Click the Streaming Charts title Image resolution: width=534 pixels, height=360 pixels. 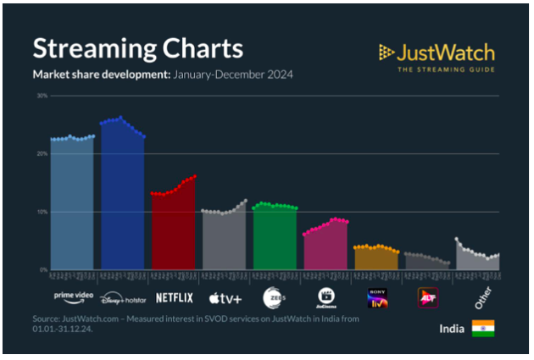[x=137, y=47]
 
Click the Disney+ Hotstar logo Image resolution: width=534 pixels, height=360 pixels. [x=123, y=298]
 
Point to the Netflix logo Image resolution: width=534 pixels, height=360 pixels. [x=175, y=297]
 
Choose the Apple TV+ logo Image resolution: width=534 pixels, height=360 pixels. [x=225, y=297]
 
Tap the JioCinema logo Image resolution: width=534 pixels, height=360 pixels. [x=326, y=296]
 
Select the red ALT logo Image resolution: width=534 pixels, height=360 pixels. [x=427, y=297]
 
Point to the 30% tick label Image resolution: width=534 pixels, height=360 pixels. [x=41, y=96]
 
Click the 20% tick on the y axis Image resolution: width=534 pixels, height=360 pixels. [x=41, y=153]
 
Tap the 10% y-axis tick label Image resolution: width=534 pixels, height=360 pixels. [x=41, y=211]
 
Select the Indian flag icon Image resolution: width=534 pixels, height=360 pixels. [x=483, y=329]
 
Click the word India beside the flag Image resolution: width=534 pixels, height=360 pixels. [x=452, y=329]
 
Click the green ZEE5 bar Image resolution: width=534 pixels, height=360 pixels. [x=275, y=239]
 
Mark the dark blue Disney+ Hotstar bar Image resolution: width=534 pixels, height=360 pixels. [x=123, y=199]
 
